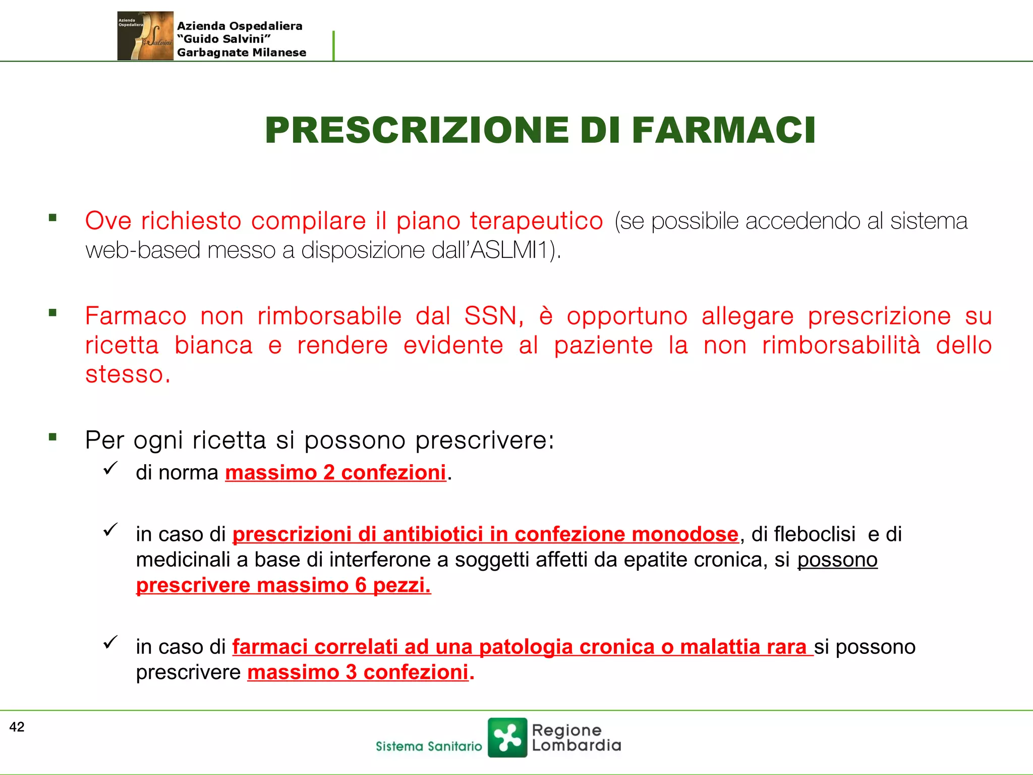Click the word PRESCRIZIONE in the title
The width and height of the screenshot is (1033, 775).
click(417, 130)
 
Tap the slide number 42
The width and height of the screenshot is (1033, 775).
click(17, 727)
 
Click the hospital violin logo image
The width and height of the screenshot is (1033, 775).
click(145, 36)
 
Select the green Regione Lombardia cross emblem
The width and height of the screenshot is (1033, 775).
click(507, 738)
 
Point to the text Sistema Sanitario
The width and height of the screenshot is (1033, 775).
click(429, 746)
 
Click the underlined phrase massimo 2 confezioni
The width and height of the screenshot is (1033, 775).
click(335, 473)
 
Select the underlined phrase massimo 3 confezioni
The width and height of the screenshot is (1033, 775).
click(358, 673)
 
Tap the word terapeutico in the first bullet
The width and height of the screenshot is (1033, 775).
click(536, 221)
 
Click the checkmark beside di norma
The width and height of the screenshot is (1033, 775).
click(110, 468)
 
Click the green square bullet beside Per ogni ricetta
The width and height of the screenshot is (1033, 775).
click(52, 437)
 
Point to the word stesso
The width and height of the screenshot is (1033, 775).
click(128, 375)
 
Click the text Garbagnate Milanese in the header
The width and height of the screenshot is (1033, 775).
click(242, 52)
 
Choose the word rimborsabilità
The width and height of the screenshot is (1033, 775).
click(841, 346)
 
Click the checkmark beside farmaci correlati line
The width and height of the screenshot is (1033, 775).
click(110, 642)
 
